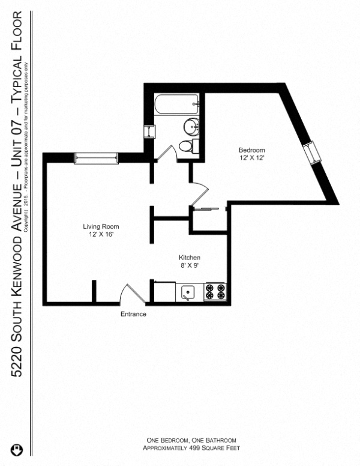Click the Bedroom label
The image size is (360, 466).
point(251,150)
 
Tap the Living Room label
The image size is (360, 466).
point(101,226)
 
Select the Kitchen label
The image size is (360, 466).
point(189,257)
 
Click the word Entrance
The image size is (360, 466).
point(133,314)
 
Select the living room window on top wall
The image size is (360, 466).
point(94,158)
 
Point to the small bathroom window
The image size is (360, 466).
point(148,132)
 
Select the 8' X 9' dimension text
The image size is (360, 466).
point(189,265)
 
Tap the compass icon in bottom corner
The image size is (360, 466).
point(16,449)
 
